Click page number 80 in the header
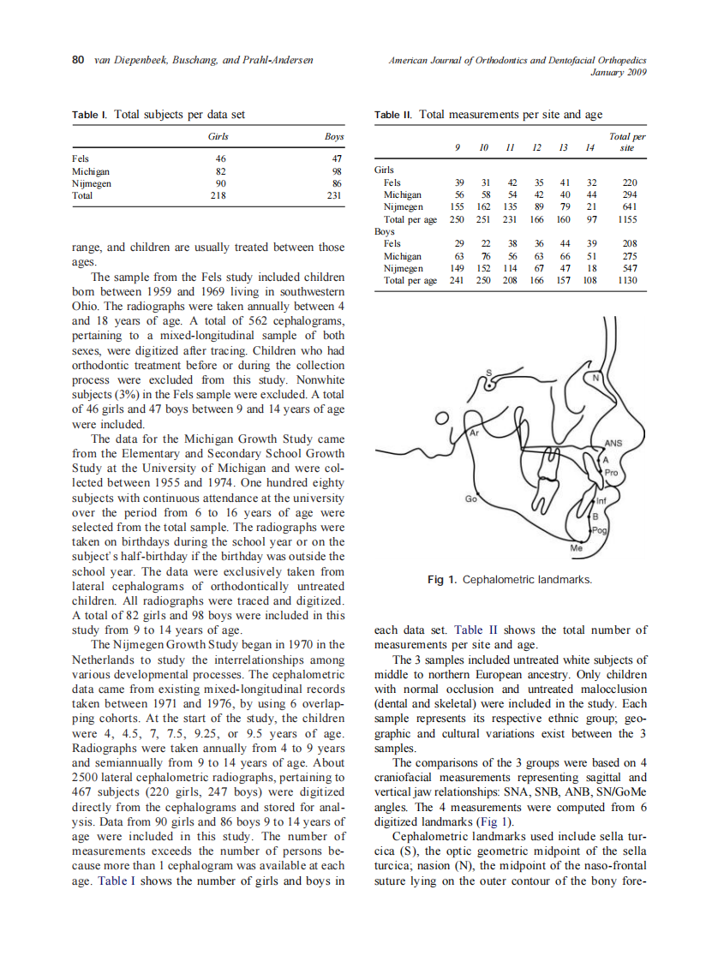pos(76,60)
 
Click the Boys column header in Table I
pos(333,137)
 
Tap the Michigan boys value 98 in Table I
pos(336,171)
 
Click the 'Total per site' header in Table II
pos(627,142)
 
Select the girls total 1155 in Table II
pos(626,219)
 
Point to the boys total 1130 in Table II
pos(626,280)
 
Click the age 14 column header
pos(589,147)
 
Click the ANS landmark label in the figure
pos(613,443)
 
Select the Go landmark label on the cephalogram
pos(470,498)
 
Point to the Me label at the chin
pos(576,546)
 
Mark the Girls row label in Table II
pos(385,170)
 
